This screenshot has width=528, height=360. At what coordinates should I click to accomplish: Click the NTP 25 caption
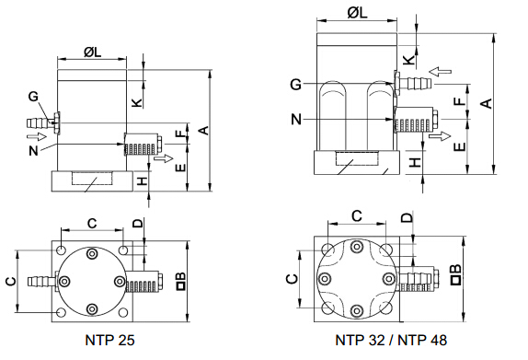109,340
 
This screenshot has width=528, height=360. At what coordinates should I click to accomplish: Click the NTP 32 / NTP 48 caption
391,340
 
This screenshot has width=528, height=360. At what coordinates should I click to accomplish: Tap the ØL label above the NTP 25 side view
92,52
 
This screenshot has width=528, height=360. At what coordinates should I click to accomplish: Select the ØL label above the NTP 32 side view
357,13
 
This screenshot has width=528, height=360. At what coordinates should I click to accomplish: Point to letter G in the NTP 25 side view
33,97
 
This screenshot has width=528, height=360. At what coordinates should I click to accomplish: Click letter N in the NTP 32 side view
296,120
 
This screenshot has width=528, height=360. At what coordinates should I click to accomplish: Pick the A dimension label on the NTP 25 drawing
204,131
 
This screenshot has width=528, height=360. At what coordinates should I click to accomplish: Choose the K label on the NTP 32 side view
408,60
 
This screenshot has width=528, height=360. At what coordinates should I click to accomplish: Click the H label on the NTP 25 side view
143,181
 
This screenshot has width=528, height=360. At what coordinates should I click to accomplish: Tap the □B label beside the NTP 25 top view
181,282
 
